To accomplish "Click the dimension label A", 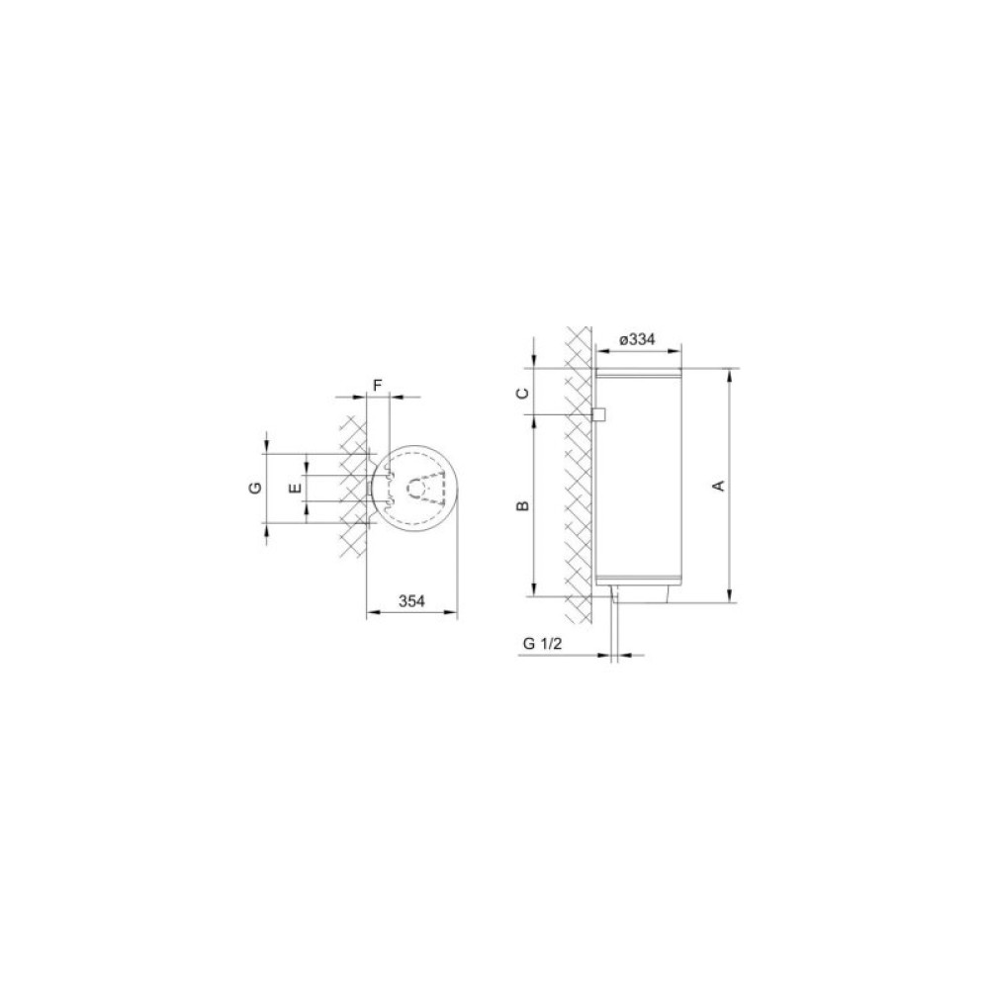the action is pos(718,486).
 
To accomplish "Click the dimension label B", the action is pos(523,505).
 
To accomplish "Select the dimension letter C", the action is pos(523,394).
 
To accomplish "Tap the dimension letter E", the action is pos(294,488).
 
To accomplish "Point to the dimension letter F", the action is pos(377,386).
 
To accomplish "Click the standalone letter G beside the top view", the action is pos(255,488).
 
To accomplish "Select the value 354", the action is pos(411,601).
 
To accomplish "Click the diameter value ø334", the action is pos(637,339).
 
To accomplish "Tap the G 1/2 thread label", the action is pos(542,644).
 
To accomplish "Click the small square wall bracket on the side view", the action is pos(598,414).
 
